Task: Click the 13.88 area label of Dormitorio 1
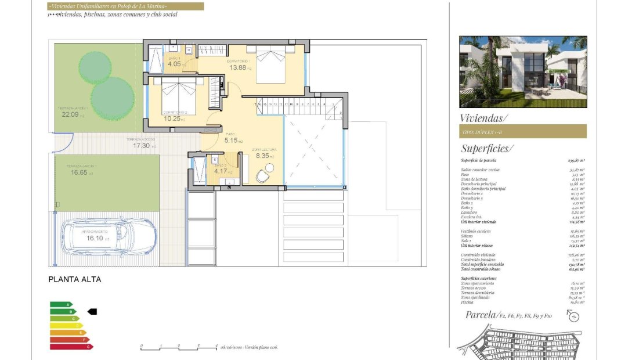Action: pos(238,68)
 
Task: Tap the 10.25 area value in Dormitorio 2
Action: pos(172,118)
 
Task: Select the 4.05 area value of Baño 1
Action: pos(174,64)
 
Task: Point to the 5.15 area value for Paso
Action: pos(232,141)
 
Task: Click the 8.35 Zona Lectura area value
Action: pos(262,156)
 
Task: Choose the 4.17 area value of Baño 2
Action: pos(221,171)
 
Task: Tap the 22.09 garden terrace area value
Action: pos(70,114)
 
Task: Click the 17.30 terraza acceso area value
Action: pos(142,146)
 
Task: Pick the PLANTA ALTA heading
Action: pos(74,279)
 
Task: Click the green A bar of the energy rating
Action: pos(61,304)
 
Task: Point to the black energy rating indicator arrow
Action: pos(92,312)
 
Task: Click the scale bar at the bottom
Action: pos(178,347)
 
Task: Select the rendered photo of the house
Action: pos(522,71)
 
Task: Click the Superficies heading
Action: pos(486,149)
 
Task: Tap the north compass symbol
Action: pos(573,316)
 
